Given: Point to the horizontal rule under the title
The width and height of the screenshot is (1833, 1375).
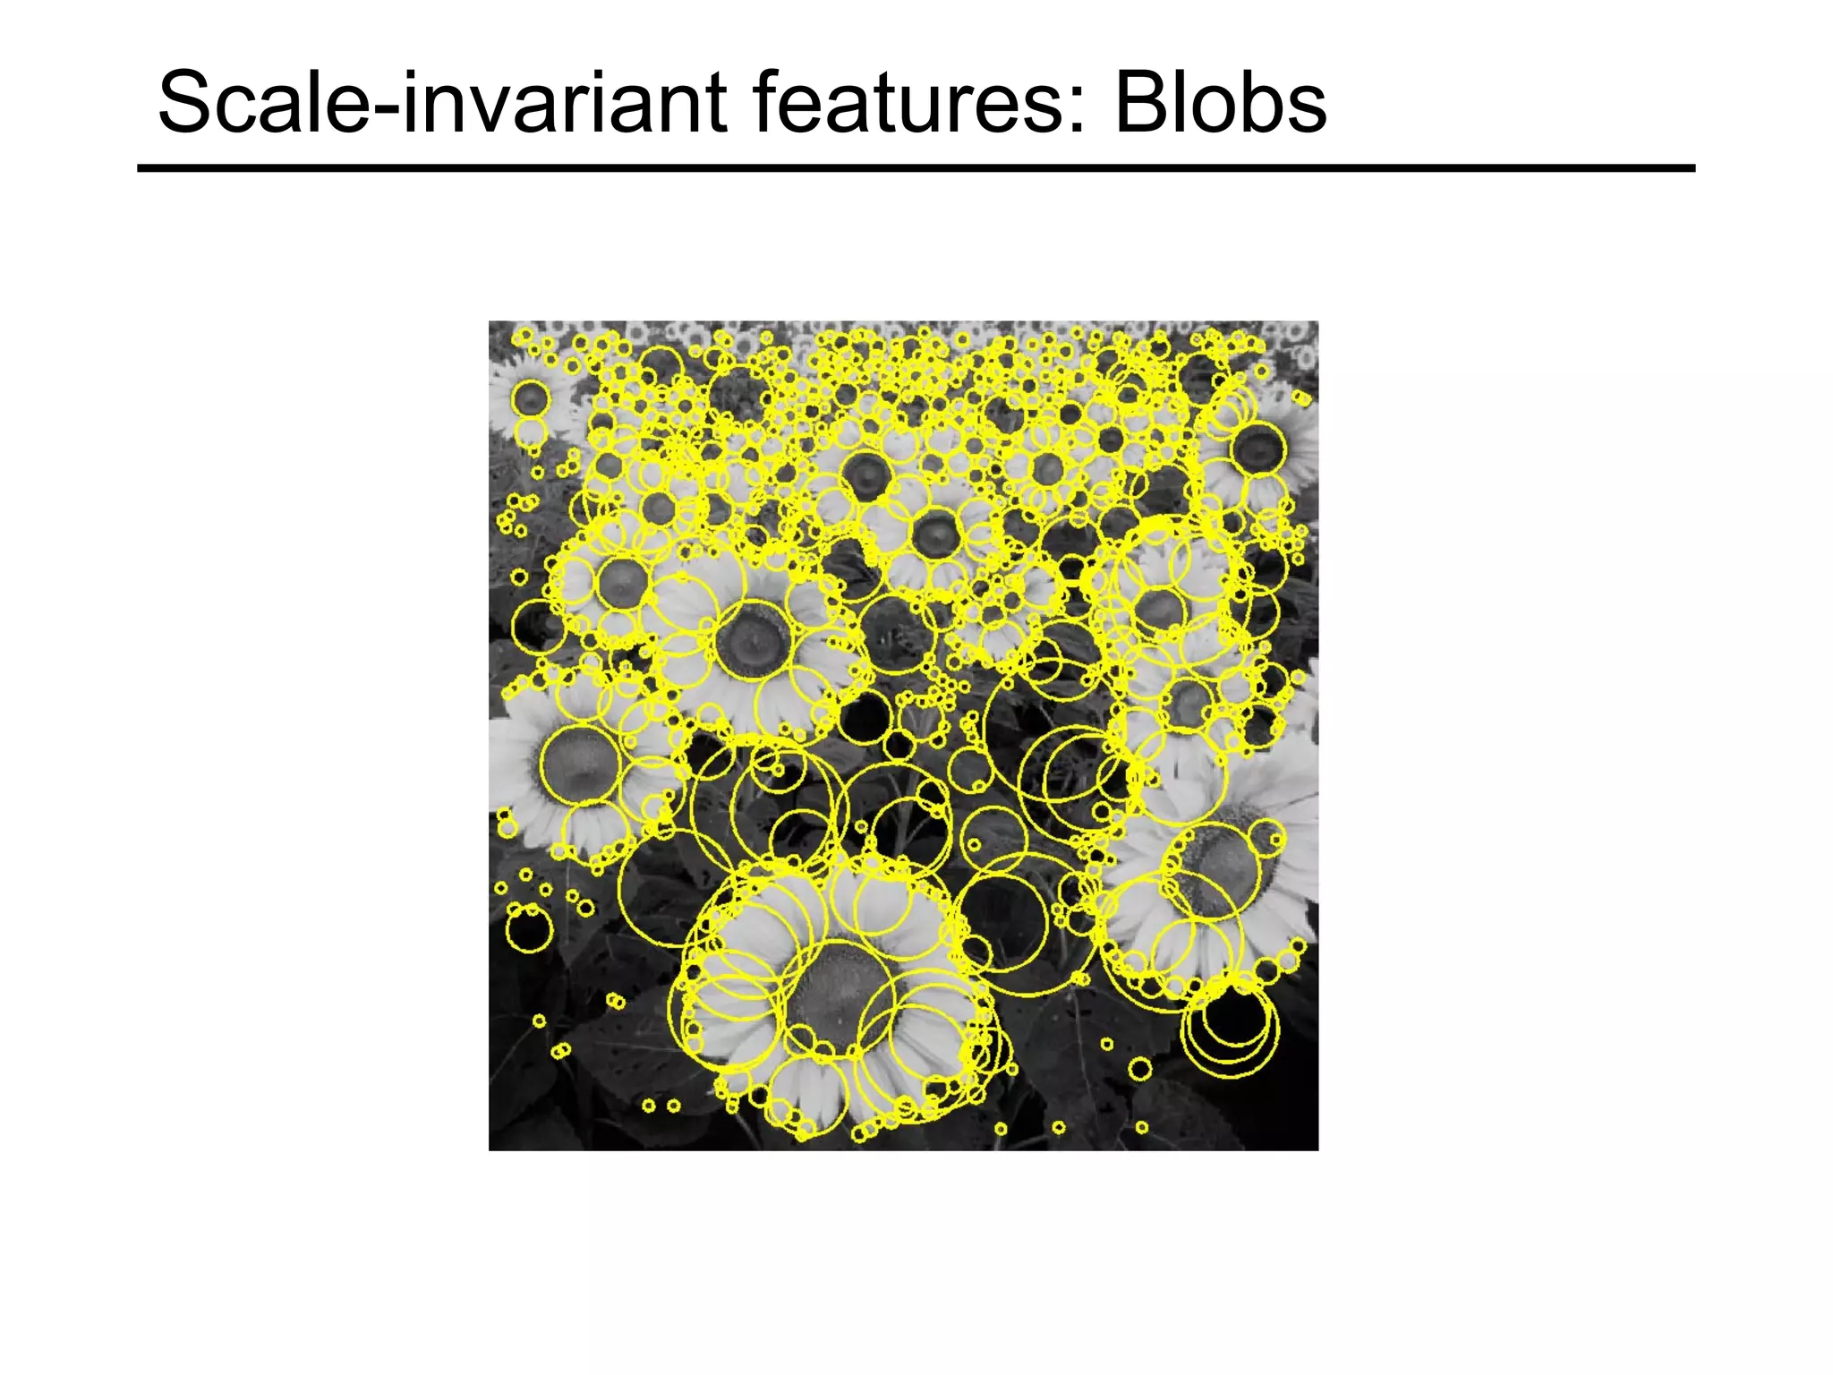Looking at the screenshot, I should (916, 168).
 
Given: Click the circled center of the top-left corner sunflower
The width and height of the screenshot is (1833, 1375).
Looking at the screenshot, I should (530, 398).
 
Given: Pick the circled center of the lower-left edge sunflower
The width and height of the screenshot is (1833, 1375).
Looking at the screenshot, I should (580, 764).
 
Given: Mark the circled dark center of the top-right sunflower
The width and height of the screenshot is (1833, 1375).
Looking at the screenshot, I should (1258, 448).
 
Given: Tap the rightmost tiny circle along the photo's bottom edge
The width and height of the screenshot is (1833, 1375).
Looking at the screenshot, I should (1141, 1127).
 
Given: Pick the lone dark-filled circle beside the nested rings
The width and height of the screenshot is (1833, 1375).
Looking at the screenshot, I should (1139, 1068).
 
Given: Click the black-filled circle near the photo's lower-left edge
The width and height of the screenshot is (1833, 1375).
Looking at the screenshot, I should (529, 932).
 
